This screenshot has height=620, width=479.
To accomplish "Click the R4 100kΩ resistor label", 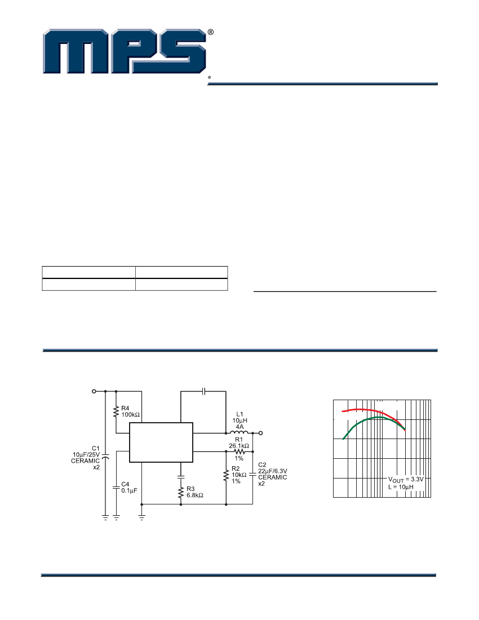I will (130, 411).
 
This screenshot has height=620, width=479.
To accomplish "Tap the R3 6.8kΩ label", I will (194, 492).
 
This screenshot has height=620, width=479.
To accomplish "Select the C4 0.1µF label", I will (128, 487).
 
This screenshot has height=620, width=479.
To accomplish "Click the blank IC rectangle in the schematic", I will (161, 443).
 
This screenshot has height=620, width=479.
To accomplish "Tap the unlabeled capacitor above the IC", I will (204, 390).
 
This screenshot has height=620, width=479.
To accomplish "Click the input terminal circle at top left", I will (93, 390).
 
